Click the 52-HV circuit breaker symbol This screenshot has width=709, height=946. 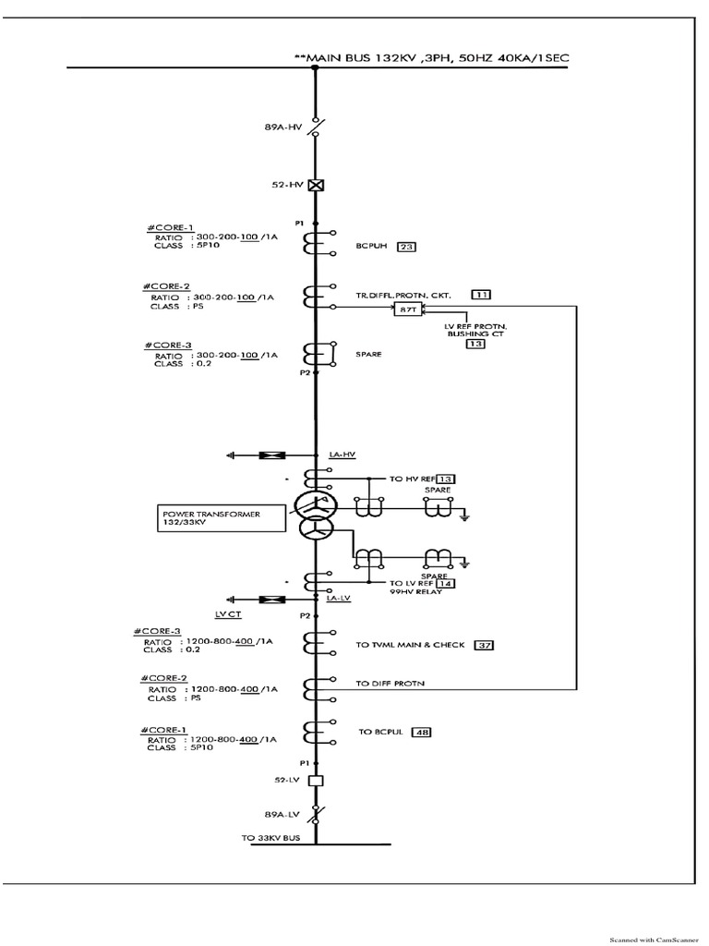[x=316, y=185]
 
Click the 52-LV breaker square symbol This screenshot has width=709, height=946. [x=316, y=781]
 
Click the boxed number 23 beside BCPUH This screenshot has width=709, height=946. [x=405, y=247]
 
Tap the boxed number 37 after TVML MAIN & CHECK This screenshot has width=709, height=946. [x=483, y=645]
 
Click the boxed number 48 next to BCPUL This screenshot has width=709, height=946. [x=422, y=732]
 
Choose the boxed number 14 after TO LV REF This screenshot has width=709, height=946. [x=444, y=584]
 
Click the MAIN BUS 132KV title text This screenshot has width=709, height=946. [x=431, y=57]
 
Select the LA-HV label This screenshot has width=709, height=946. [x=341, y=455]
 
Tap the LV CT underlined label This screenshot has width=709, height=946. [x=227, y=612]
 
